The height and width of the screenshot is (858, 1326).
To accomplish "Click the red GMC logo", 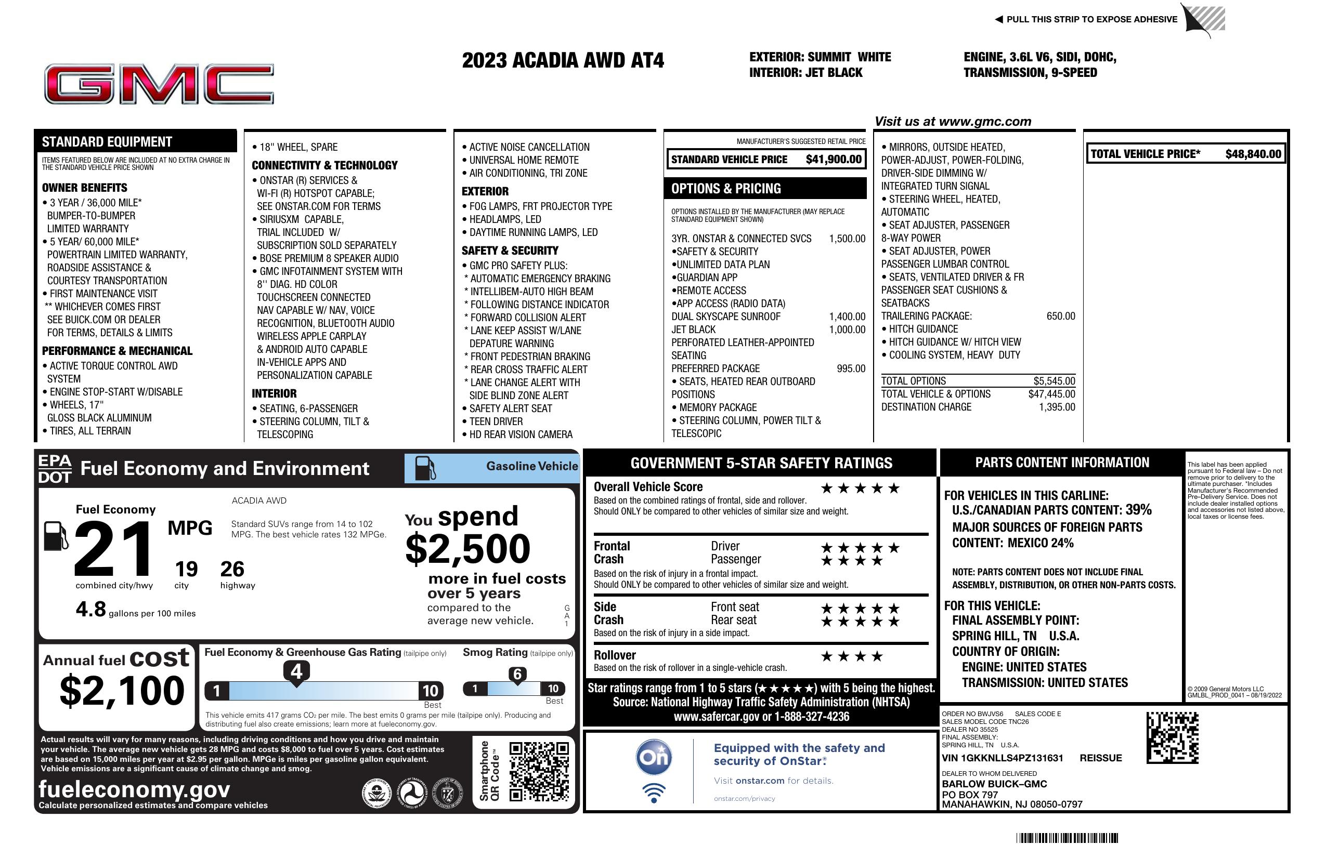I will point(159,84).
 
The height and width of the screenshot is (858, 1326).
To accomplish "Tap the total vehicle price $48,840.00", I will point(1253,154).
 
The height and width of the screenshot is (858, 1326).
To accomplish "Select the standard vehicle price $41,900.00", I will point(834,160).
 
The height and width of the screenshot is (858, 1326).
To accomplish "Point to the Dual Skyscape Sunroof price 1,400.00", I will point(847,317).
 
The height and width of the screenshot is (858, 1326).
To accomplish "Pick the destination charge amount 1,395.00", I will point(1056,407).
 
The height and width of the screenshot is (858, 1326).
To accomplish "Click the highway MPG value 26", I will point(232,569).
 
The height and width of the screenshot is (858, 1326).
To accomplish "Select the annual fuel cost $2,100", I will point(122,691).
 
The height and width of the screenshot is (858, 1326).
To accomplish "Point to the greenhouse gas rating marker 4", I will point(296,671).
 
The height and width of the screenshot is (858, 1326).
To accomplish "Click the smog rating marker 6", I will point(517,674).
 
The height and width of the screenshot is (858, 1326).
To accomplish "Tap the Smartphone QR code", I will point(539,771).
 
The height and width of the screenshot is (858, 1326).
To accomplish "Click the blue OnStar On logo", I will point(654,758).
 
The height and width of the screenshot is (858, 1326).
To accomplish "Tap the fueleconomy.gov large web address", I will point(134,789).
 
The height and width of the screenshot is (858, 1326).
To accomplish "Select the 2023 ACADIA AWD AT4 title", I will point(563,60).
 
